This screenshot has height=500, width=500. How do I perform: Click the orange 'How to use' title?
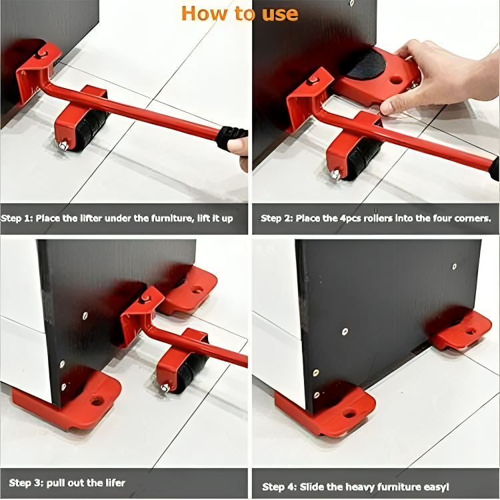click(240, 14)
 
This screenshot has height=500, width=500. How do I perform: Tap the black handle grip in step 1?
click(231, 137)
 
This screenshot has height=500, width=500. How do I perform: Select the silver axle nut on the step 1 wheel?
click(63, 146)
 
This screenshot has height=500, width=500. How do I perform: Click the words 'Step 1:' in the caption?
click(17, 219)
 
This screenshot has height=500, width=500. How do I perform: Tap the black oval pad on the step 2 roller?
click(367, 64)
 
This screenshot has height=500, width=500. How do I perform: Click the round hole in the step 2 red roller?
click(396, 80)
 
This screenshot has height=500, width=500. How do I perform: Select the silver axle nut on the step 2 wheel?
click(335, 175)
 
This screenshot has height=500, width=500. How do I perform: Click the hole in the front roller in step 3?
click(97, 401)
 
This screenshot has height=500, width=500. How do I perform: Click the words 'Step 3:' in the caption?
click(26, 483)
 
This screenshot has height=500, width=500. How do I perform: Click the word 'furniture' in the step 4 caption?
click(399, 487)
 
